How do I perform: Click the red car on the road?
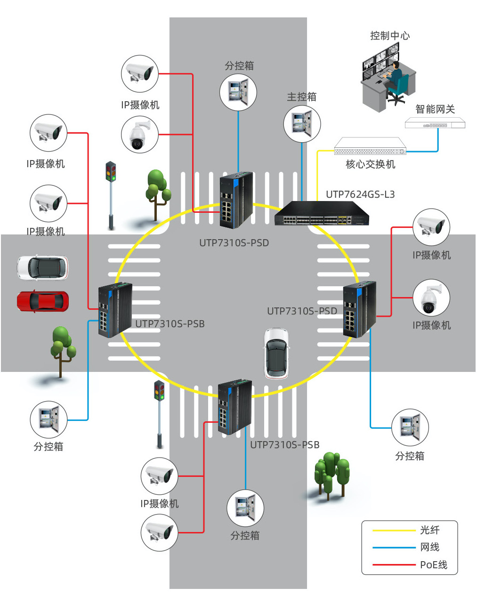click(x=42, y=301)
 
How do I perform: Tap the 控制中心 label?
click(x=390, y=36)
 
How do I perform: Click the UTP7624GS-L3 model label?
click(x=360, y=194)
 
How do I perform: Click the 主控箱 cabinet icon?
click(x=302, y=124)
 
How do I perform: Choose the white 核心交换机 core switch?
click(x=370, y=147)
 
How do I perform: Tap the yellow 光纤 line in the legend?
click(x=394, y=531)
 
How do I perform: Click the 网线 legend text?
click(x=429, y=547)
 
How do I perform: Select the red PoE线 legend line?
click(x=394, y=564)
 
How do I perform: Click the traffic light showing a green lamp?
click(x=160, y=391)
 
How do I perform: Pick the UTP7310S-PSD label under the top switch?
click(x=234, y=243)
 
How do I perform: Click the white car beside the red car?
click(x=42, y=267)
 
